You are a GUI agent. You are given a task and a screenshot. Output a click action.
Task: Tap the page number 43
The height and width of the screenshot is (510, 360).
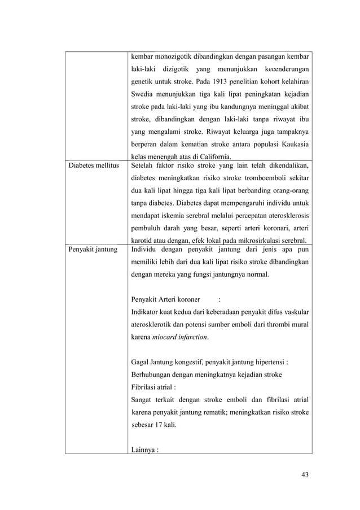click(305, 474)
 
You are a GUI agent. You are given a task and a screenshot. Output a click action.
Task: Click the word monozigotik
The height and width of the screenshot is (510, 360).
click(173, 57)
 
